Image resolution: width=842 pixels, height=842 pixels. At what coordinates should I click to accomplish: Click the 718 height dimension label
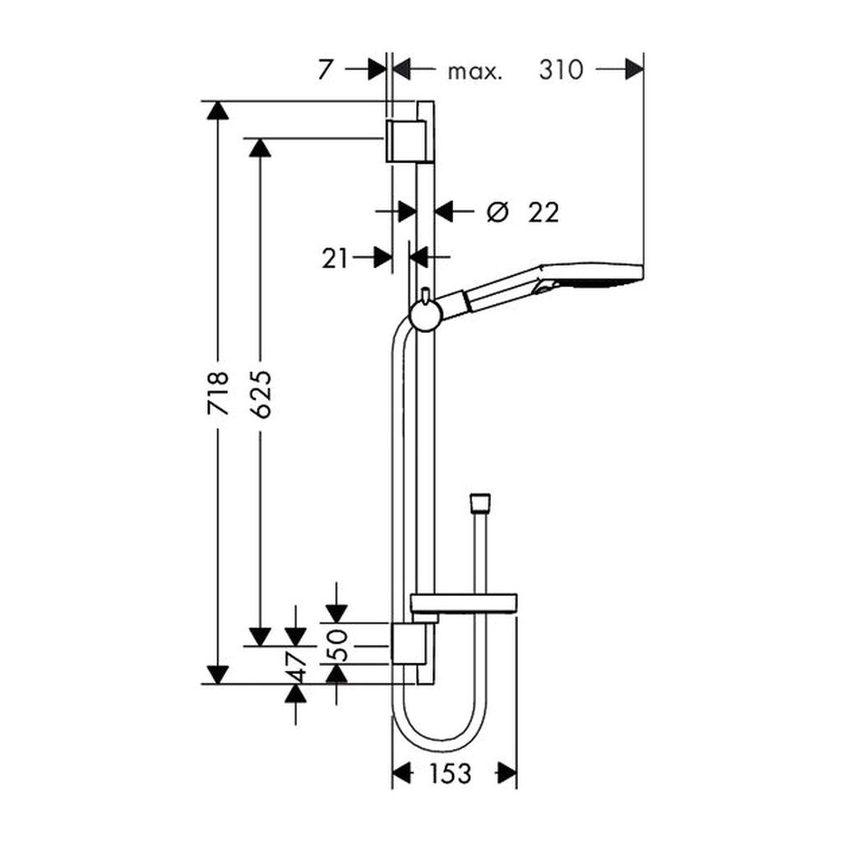(219, 392)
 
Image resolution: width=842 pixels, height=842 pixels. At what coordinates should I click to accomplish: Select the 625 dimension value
(261, 394)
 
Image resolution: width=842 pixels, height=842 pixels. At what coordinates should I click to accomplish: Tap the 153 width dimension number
(450, 773)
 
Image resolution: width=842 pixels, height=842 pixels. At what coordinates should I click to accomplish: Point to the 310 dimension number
(561, 70)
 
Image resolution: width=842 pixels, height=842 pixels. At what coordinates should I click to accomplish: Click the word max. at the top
(475, 72)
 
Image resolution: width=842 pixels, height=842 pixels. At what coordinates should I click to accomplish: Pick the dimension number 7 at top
(324, 70)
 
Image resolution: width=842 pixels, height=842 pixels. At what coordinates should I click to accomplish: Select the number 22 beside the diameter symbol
(544, 212)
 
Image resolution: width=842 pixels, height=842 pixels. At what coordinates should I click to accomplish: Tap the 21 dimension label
(335, 259)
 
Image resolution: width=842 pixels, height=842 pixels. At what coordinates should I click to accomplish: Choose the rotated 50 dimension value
(337, 645)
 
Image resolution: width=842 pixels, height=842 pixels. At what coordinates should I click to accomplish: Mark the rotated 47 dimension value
(296, 666)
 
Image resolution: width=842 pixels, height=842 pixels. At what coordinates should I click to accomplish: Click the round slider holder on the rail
(426, 315)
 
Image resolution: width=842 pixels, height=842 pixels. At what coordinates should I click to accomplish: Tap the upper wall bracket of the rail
(405, 141)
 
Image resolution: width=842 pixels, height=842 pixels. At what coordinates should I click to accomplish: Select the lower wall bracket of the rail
(409, 643)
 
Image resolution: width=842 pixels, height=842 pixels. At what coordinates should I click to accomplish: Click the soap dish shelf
(464, 604)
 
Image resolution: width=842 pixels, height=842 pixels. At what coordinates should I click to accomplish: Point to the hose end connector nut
(480, 503)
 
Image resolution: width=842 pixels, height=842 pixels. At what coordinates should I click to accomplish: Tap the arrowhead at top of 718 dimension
(217, 110)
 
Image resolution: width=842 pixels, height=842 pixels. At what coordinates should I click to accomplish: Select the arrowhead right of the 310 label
(634, 69)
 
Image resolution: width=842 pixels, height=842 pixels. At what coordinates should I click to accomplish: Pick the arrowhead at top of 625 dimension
(260, 148)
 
